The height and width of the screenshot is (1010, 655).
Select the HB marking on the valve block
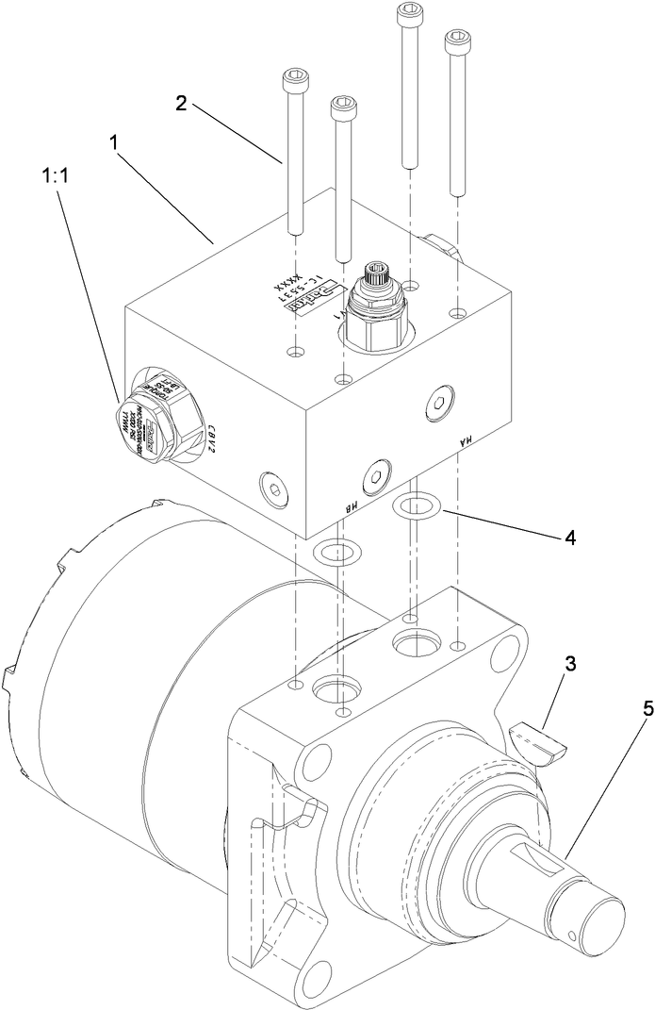pyautogui.click(x=346, y=508)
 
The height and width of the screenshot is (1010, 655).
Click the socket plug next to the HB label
pyautogui.click(x=376, y=473)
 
